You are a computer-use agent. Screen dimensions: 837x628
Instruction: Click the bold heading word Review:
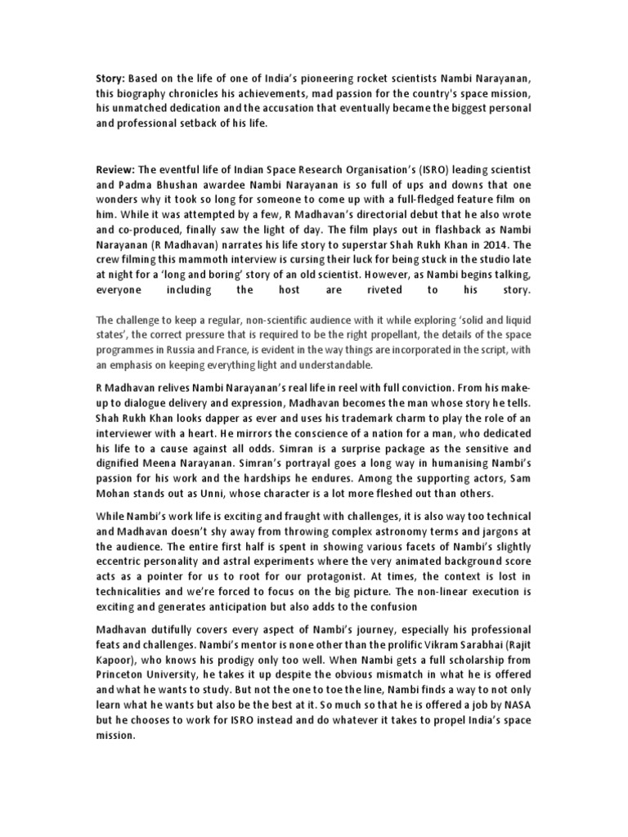113,169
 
